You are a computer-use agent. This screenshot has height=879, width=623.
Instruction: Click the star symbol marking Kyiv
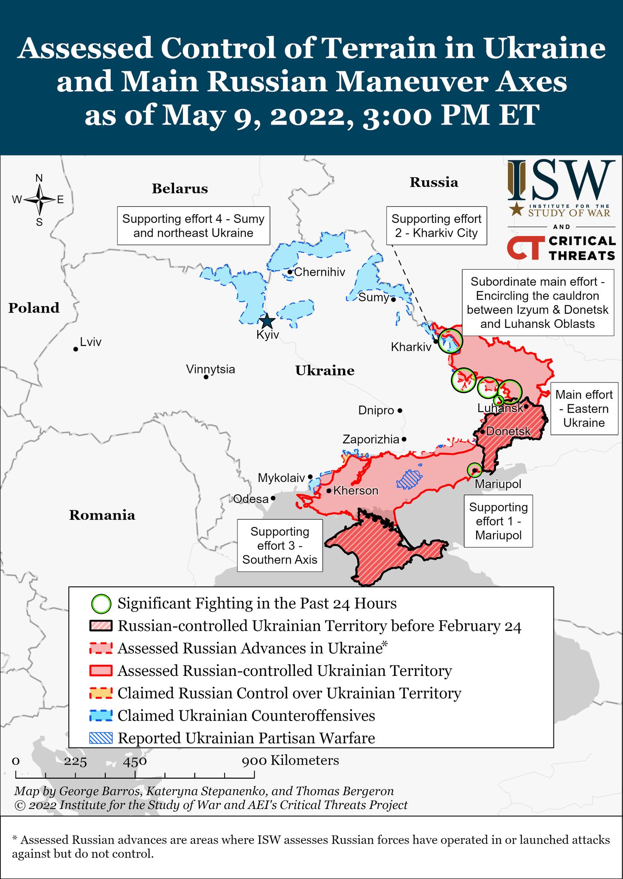pos(267,321)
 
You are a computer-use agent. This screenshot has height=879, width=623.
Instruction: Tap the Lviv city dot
pos(76,349)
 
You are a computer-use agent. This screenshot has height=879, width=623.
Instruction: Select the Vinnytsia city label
pos(210,369)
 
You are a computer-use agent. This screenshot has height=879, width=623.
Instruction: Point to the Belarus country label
pos(179,188)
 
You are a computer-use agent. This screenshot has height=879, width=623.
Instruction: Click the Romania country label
pos(102,515)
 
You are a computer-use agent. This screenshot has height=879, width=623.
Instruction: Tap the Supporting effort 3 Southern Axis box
pos(280,546)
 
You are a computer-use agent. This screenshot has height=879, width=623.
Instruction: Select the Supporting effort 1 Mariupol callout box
pos(498,521)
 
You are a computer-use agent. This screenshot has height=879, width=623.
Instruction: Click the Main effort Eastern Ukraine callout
pos(584,409)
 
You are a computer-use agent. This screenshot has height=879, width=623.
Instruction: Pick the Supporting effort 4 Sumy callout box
pos(193,226)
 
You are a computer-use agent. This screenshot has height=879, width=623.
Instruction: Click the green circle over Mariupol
pos(474,470)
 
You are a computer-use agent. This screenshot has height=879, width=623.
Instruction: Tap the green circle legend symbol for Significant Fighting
pos(101,603)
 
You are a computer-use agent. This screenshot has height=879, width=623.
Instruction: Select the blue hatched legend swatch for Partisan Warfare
pos(101,738)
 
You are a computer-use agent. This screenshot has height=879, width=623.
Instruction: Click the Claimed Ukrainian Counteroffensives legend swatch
pos(101,715)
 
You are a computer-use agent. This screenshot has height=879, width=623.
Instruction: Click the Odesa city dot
pos(273,499)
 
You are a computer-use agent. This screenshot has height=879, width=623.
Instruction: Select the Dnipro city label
pos(376,411)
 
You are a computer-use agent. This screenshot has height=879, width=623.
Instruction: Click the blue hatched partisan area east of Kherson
pos(409,478)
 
